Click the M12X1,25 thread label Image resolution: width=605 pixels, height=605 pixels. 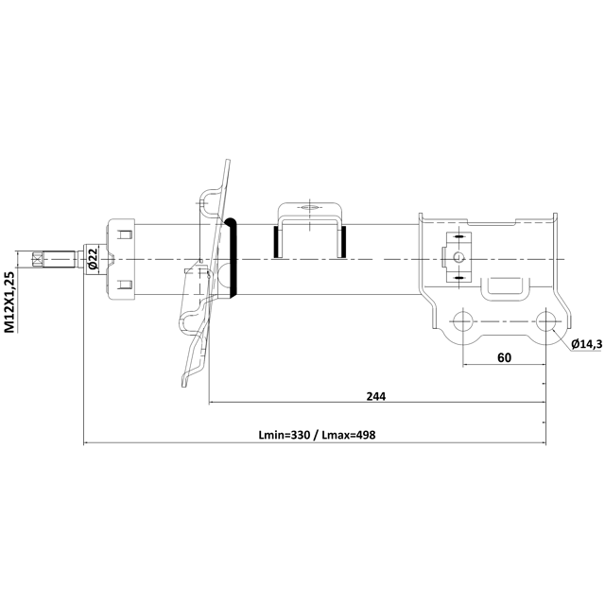click(9, 302)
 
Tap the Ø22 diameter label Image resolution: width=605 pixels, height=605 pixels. click(92, 259)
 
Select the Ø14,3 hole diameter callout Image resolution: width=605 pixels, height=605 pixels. click(586, 344)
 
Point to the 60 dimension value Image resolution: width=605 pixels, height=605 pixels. click(504, 357)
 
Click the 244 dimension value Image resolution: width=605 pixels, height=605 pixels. click(376, 396)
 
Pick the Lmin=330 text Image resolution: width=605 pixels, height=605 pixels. click(284, 435)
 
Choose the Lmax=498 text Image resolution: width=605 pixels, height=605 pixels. click(349, 435)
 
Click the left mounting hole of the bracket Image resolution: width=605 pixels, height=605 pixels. click(462, 321)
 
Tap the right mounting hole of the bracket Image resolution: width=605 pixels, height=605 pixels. click(545, 321)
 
